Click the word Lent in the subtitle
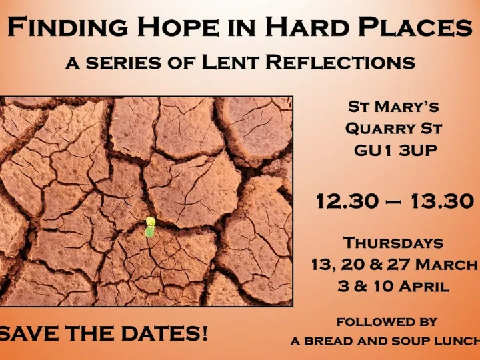click(235, 63)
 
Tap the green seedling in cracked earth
click(150, 227)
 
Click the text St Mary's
click(394, 107)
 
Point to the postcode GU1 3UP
click(395, 150)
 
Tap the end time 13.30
click(441, 202)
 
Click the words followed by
click(387, 321)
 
